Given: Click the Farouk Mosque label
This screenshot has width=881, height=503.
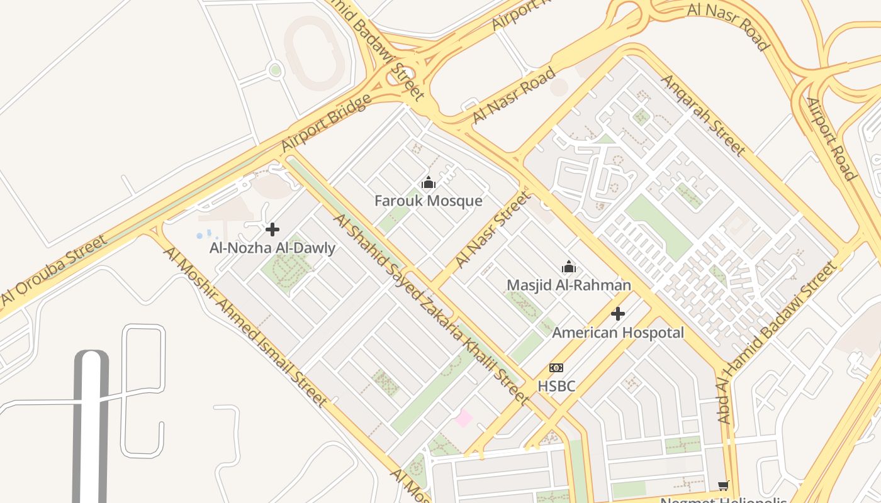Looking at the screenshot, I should (428, 201).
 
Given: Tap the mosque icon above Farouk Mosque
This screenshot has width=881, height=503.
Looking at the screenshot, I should (429, 183).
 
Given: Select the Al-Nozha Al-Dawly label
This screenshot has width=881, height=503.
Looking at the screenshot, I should (272, 248).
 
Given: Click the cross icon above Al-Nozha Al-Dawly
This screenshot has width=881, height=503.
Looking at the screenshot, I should (272, 229).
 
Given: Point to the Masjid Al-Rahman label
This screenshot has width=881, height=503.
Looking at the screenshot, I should (568, 285).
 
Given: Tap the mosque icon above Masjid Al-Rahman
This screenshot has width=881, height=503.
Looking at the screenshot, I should (569, 267).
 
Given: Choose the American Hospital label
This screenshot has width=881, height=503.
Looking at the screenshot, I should (617, 333).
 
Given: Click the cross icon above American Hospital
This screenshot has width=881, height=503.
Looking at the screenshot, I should (618, 314).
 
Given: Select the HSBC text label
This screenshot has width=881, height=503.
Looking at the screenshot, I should (556, 386).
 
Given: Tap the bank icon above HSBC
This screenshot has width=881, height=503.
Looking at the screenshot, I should (556, 368).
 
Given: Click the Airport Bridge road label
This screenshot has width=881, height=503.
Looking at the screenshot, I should (325, 123).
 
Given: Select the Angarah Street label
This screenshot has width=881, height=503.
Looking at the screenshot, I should (703, 115).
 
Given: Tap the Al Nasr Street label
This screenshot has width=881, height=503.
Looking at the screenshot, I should (492, 230).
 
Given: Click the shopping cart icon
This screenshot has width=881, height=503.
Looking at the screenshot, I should (724, 485).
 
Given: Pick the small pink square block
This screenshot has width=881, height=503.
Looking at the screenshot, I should (464, 417).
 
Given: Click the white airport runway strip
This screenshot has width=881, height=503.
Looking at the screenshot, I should (91, 428).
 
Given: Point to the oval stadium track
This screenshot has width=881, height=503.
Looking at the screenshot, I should (314, 53).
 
